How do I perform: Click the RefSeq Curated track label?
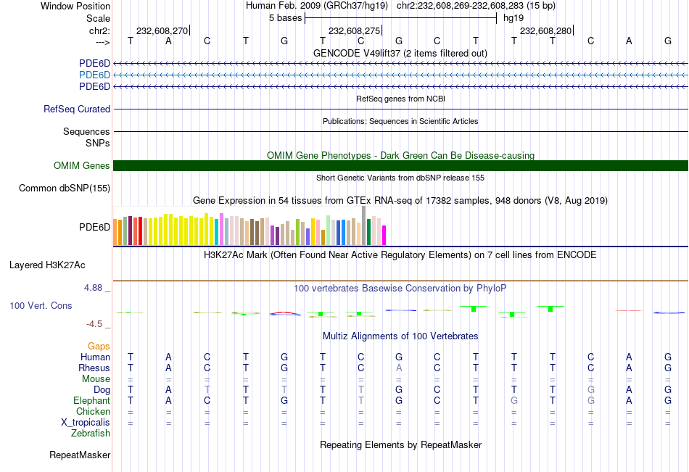[77, 109]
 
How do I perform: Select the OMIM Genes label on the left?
[82, 166]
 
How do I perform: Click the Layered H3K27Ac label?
[47, 265]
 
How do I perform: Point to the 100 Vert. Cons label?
[41, 306]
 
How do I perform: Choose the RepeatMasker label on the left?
[80, 455]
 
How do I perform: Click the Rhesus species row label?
[94, 368]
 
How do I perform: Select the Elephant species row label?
[91, 401]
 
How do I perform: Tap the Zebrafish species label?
[91, 434]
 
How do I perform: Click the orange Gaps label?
[99, 347]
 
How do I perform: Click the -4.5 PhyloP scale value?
[95, 324]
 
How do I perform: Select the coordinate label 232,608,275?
[354, 31]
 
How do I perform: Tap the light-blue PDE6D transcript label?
[94, 75]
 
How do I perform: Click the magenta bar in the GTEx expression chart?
[384, 235]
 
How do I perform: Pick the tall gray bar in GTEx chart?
[363, 225]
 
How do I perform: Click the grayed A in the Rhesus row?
[398, 368]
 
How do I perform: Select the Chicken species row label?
[94, 412]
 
